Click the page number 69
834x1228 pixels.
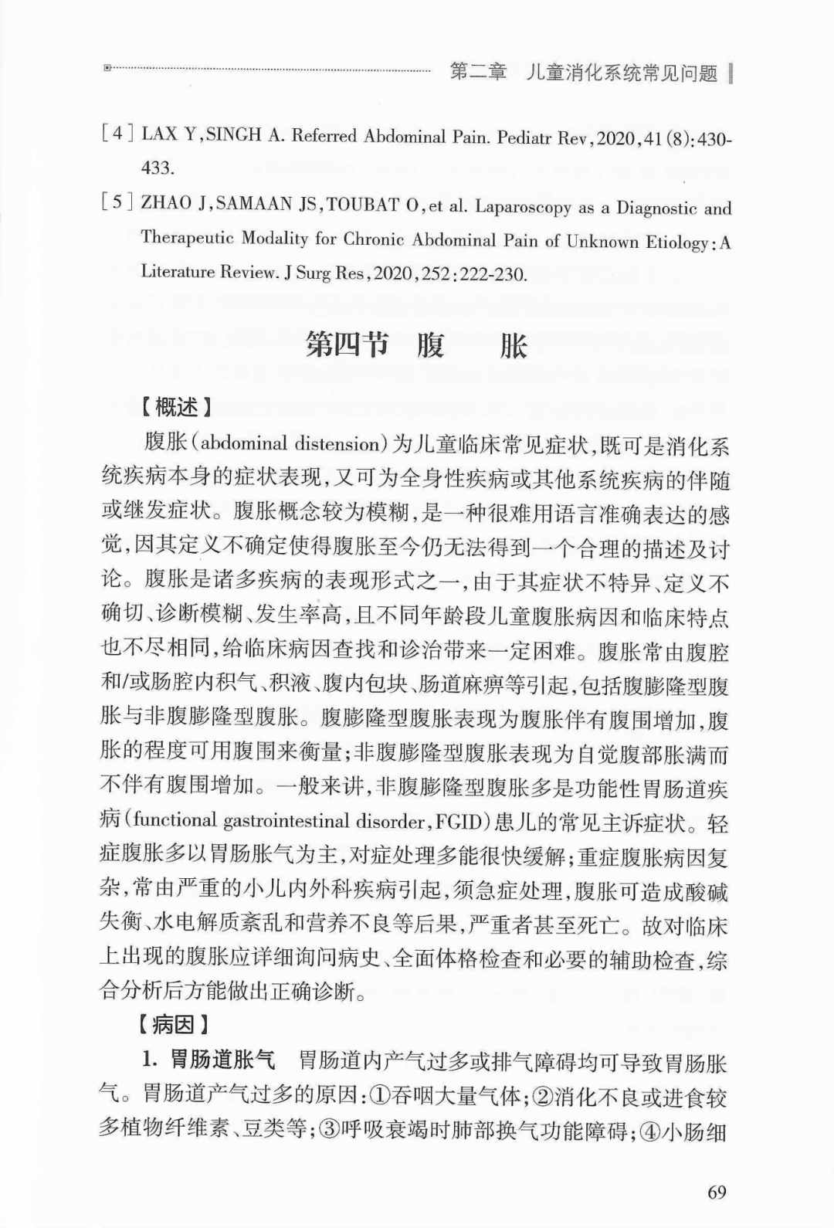pyautogui.click(x=717, y=1192)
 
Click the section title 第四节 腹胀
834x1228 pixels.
pyautogui.click(x=416, y=345)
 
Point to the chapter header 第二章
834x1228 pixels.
pyautogui.click(x=478, y=73)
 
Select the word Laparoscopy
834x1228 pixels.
pyautogui.click(x=512, y=207)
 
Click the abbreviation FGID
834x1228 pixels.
pyautogui.click(x=460, y=821)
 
